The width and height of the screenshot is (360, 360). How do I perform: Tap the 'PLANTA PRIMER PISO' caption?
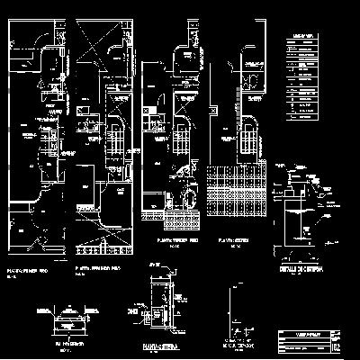[30, 269]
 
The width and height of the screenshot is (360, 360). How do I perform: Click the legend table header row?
[303, 36]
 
